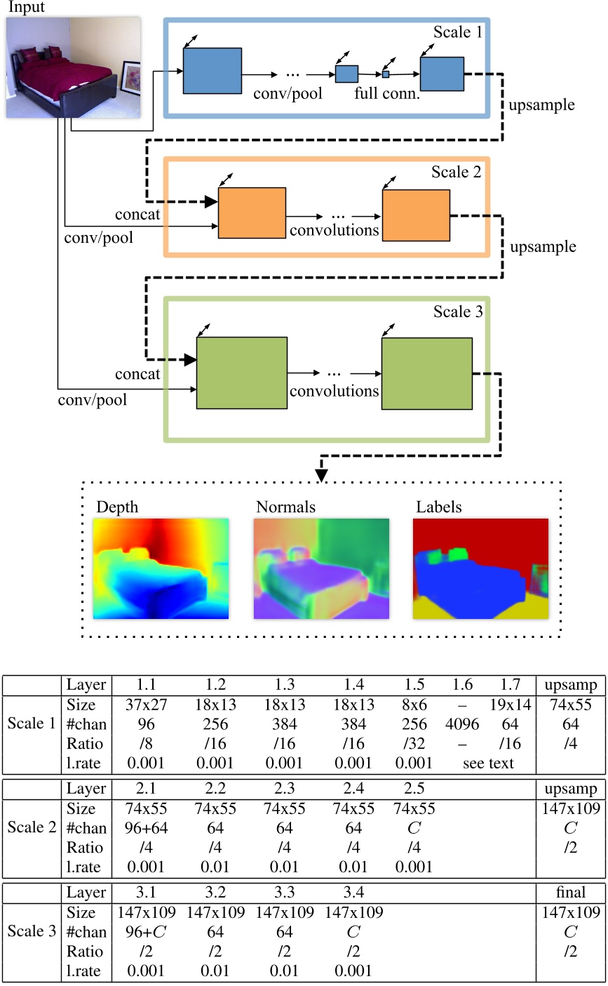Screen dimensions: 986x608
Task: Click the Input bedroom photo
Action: [74, 67]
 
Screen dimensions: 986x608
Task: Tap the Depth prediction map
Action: [161, 569]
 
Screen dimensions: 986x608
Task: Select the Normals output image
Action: [321, 569]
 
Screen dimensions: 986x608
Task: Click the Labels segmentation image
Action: [480, 569]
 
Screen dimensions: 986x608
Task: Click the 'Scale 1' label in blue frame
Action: [455, 33]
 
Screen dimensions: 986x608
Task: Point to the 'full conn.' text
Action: [388, 92]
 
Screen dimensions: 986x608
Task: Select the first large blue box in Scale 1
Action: [212, 70]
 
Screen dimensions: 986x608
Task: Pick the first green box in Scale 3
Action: [242, 372]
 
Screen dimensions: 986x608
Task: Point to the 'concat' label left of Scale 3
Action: [137, 374]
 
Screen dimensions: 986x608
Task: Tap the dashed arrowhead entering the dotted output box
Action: [322, 476]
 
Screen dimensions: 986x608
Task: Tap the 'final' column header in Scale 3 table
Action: [570, 893]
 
